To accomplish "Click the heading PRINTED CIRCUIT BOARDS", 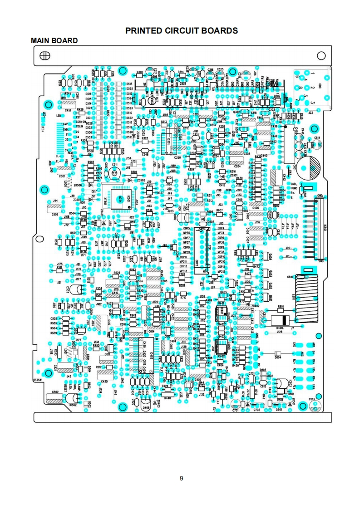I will [182, 31].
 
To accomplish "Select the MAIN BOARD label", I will [54, 41].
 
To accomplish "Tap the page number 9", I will [181, 478].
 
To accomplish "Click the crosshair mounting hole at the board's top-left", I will [45, 56].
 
